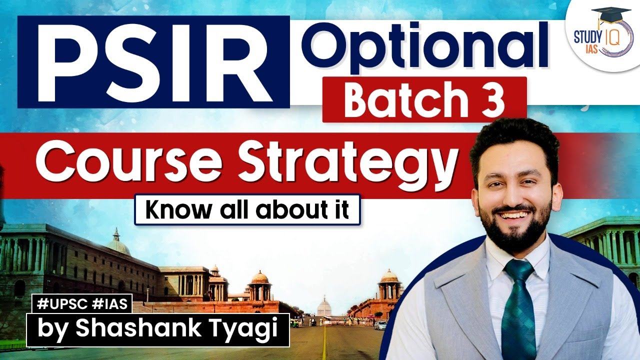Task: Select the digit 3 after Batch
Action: (x=493, y=99)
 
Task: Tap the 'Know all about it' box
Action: (x=247, y=209)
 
